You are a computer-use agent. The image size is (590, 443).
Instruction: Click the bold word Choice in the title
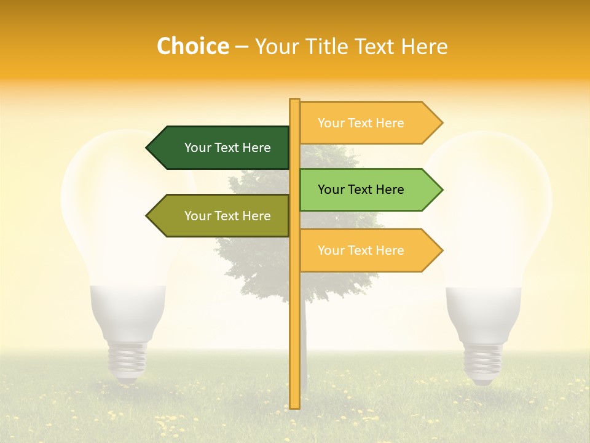[192, 47]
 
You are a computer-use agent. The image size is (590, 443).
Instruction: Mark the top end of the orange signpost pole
[294, 100]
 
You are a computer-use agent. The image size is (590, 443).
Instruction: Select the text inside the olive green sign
[227, 216]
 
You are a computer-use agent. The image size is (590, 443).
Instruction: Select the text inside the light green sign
[361, 190]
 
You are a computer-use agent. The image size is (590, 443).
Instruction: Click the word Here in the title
[424, 47]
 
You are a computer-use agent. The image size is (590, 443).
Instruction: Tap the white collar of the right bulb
[483, 311]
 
